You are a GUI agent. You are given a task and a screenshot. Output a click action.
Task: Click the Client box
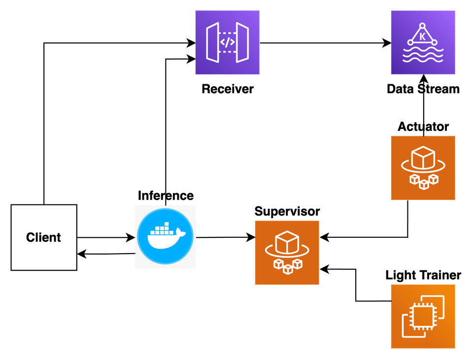click(44, 237)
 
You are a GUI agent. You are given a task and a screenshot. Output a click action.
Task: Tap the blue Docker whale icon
click(166, 237)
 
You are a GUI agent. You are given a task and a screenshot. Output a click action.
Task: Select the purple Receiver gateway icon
click(228, 42)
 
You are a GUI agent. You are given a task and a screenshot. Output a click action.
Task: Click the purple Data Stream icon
click(423, 42)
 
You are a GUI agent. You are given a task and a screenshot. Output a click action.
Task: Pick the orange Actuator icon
click(423, 168)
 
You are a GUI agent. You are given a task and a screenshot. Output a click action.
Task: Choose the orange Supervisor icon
click(287, 253)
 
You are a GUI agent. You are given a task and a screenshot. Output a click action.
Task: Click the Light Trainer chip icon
click(423, 317)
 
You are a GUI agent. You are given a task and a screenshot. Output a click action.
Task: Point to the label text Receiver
click(228, 89)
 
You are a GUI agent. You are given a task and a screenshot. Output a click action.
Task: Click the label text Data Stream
click(423, 89)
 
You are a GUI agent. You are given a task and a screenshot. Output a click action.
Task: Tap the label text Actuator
click(423, 127)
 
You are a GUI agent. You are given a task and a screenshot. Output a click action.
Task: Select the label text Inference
click(166, 196)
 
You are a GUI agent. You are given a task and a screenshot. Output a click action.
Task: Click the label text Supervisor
click(287, 211)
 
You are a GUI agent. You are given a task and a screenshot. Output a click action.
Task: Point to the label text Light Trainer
click(423, 275)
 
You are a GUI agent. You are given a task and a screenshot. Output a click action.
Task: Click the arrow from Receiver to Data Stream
click(326, 43)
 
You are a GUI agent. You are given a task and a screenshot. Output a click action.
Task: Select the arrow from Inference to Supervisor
click(226, 237)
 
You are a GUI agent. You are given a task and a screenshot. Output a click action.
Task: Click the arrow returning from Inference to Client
click(106, 254)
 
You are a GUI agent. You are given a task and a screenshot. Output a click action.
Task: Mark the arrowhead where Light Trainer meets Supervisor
click(324, 269)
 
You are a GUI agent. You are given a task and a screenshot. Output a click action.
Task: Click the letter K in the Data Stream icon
click(422, 36)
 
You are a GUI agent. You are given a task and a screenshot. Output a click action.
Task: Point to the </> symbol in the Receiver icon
click(228, 42)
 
